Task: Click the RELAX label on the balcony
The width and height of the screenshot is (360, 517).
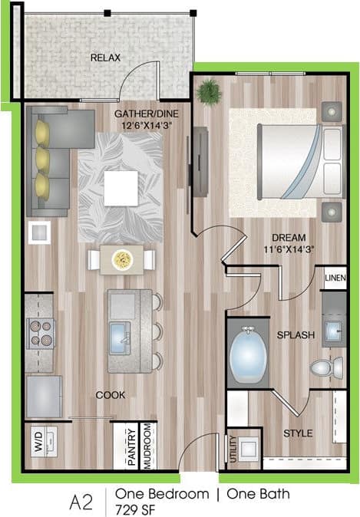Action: coord(105,58)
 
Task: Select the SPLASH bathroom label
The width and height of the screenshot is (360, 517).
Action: coord(292,335)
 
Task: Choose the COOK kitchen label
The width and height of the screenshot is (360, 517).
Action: coord(111,395)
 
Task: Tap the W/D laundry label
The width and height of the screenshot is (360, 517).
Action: coord(37,443)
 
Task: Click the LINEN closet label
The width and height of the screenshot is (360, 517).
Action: coord(335,278)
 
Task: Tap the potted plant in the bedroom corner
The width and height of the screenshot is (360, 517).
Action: coord(208,92)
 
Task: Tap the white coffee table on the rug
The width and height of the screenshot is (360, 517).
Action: coord(121,188)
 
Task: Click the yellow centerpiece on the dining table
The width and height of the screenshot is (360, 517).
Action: coord(121,260)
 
